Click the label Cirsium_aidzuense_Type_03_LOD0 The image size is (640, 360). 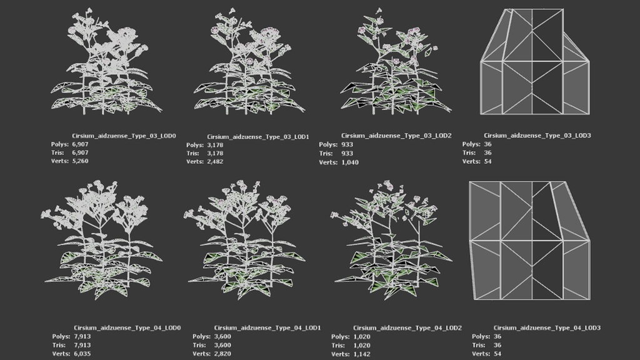tap(124, 136)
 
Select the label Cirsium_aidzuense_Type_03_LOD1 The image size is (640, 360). tap(258, 137)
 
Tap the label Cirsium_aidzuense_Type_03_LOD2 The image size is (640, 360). tap(396, 136)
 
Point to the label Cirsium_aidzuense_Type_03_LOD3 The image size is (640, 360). tap(537, 136)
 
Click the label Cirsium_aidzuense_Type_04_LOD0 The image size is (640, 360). tap(127, 327)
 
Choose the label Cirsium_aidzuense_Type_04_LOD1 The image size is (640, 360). tap(267, 327)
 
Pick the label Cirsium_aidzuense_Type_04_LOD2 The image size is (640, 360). tap(407, 327)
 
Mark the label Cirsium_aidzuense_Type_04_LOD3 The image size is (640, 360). tap(547, 327)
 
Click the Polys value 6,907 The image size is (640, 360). tap(80, 144)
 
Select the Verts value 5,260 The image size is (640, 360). tap(80, 161)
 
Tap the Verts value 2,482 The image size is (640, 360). tap(215, 162)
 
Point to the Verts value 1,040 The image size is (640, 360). tap(350, 162)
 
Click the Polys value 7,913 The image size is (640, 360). tap(82, 336)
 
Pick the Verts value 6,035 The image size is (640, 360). tap(82, 354)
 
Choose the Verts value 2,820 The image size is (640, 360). tap(222, 354)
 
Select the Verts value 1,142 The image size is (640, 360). tap(362, 354)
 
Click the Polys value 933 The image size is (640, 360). tap(347, 144)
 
